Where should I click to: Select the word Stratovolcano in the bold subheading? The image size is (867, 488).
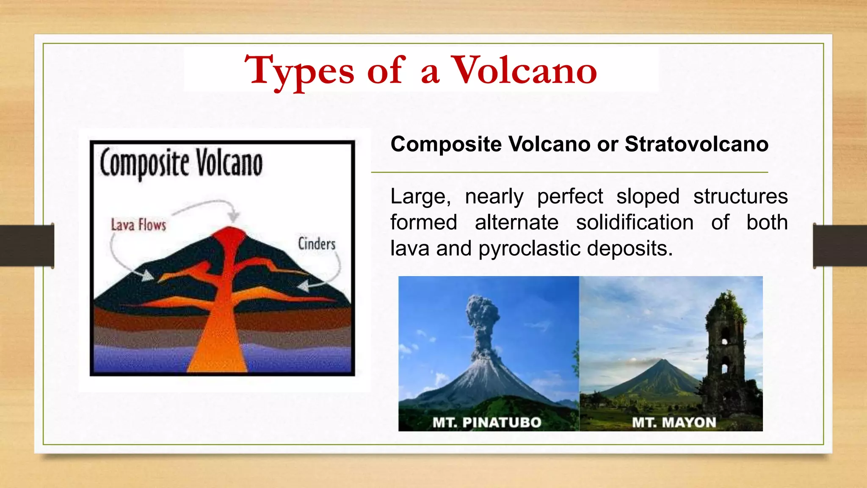tap(696, 144)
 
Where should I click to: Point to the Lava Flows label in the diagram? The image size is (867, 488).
tap(138, 225)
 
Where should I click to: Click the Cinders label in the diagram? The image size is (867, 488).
tap(316, 244)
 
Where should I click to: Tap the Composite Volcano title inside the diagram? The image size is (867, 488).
tap(181, 164)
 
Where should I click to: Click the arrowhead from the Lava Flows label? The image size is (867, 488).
tap(147, 276)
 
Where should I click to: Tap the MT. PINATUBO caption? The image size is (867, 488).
tap(487, 422)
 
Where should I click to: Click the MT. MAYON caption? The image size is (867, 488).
tap(674, 422)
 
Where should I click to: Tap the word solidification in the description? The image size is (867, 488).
tap(635, 223)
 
